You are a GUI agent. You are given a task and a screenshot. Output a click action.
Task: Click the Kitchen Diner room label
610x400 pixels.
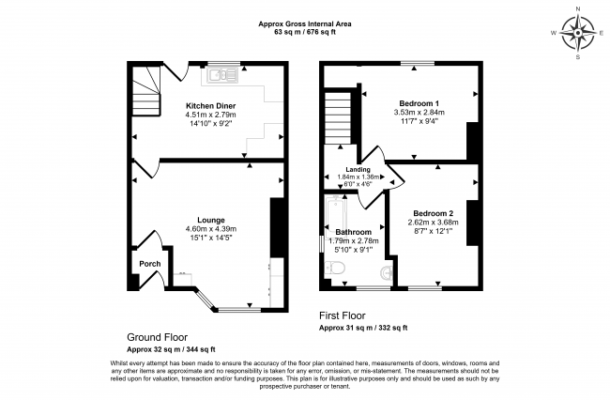tap(210, 106)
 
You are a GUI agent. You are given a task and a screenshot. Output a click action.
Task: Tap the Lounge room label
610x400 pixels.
tap(211, 221)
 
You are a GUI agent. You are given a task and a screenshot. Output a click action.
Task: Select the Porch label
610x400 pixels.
tap(150, 264)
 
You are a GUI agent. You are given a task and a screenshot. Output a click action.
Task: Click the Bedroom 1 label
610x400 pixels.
tap(419, 103)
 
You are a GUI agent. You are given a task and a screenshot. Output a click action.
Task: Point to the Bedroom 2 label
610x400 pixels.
tap(433, 214)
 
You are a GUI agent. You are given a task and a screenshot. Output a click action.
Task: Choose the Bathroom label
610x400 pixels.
tap(353, 232)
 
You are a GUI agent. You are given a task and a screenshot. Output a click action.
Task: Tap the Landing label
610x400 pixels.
tap(358, 170)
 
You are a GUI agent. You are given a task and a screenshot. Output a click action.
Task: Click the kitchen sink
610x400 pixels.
tap(221, 75)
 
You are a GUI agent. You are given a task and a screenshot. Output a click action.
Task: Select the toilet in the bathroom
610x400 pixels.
tap(335, 269)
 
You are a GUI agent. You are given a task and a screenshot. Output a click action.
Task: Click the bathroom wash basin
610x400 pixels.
tap(387, 272)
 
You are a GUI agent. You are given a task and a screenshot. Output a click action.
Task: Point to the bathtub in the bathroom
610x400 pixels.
tap(335, 217)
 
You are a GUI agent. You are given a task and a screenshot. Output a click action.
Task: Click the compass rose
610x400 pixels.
tap(578, 34)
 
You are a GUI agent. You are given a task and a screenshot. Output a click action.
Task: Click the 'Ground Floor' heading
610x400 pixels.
tap(157, 337)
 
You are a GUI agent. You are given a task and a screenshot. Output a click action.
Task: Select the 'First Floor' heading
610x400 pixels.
tap(343, 315)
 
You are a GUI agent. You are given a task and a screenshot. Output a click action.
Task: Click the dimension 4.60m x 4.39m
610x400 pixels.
tap(211, 229)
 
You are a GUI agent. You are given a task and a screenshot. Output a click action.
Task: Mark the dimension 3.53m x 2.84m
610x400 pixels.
tap(419, 113)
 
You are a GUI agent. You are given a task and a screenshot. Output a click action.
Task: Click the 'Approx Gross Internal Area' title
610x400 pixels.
tap(305, 23)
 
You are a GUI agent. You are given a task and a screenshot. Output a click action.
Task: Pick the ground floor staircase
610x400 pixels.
tap(145, 91)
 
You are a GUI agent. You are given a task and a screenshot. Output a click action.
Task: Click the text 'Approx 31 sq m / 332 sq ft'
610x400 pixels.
tap(363, 328)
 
